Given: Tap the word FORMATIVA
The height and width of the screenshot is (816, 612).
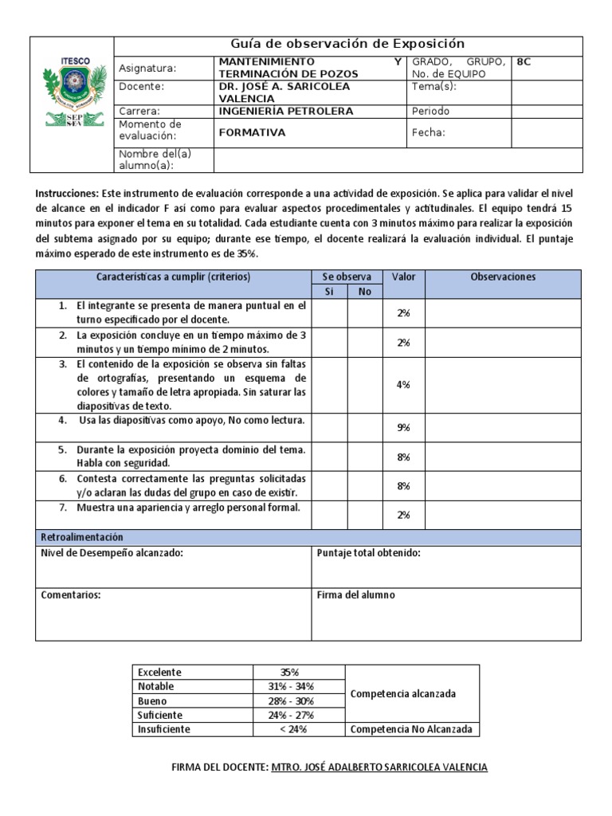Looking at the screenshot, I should [252, 133].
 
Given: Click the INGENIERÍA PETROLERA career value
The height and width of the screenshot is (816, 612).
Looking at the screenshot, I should [285, 112].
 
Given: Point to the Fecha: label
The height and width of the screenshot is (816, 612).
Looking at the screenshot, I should [428, 133].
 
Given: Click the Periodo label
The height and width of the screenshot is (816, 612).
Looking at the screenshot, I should [430, 112].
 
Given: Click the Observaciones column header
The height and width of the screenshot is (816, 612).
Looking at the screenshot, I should [504, 277].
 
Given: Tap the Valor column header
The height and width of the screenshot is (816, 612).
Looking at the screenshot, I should [403, 277].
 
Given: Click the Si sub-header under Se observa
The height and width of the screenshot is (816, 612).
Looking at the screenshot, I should [328, 292].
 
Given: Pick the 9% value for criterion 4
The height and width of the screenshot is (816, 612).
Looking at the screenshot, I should [403, 428].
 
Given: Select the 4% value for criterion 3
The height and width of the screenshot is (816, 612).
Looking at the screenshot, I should [403, 385].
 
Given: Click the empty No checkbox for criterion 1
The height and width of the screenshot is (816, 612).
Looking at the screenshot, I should [365, 313].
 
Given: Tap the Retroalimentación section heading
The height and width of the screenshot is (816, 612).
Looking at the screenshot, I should [82, 538].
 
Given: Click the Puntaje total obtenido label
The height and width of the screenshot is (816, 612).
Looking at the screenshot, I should [368, 553].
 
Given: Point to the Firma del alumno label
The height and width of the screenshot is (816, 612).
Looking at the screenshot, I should [355, 595].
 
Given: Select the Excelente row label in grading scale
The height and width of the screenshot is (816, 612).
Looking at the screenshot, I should [160, 672].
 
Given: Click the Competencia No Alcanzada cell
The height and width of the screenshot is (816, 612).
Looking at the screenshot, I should [411, 729].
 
